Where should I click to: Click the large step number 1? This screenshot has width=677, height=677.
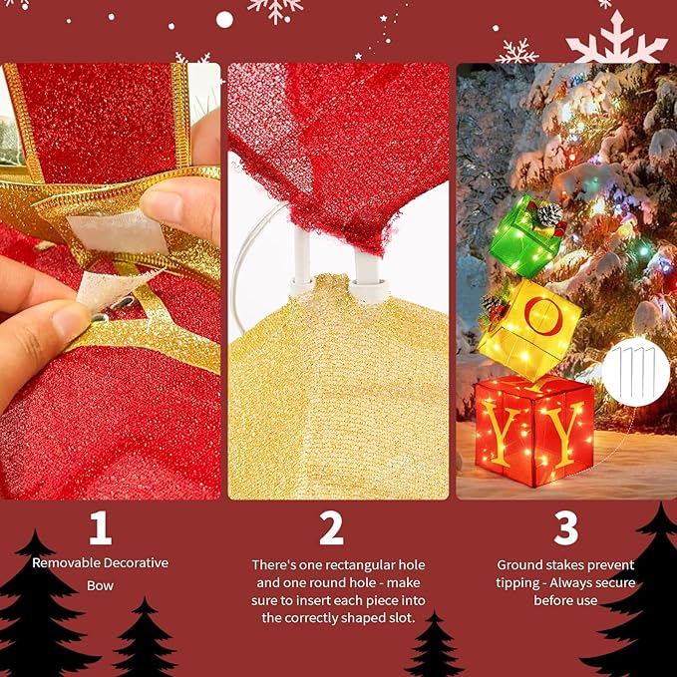100,527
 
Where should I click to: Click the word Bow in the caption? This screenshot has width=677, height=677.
100,585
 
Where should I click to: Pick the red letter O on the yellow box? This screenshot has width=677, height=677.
543,316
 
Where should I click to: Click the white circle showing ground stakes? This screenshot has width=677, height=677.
636,372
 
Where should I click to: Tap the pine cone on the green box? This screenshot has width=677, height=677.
549,214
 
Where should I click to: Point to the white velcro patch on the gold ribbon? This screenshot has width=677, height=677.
117,234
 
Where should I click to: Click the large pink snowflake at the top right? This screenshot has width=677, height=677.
617,39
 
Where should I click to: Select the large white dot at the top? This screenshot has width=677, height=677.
224,19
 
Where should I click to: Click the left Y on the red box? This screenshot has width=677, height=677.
501,432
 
